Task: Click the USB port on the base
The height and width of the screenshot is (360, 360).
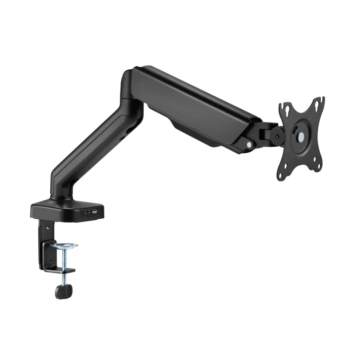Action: [95, 211]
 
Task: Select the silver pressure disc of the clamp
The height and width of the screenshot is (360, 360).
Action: [65, 246]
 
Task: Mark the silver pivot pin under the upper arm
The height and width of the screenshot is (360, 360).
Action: [248, 142]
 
